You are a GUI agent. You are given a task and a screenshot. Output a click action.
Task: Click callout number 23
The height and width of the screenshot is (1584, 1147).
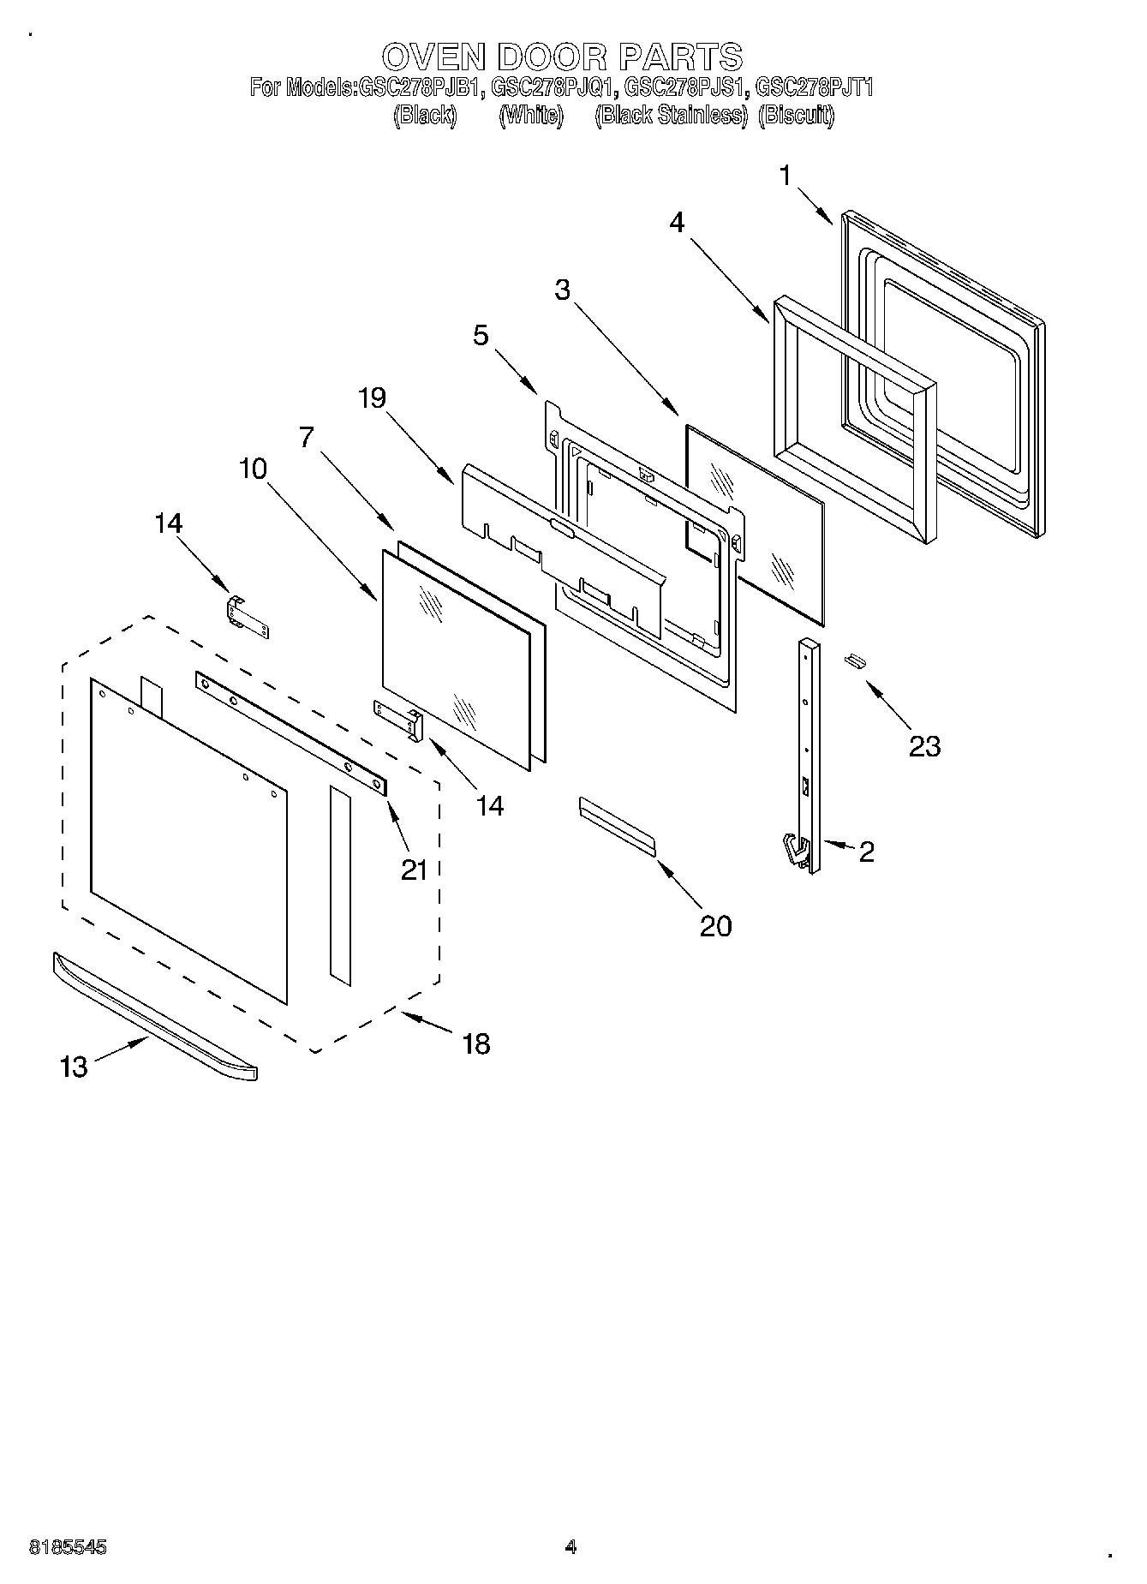click(x=924, y=746)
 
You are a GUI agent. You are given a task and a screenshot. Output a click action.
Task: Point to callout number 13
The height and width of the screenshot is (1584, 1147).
click(x=75, y=1067)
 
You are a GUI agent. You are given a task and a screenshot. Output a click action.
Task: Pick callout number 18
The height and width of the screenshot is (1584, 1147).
click(x=476, y=1043)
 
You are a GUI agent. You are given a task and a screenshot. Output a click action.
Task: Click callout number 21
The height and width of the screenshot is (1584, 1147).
click(x=414, y=870)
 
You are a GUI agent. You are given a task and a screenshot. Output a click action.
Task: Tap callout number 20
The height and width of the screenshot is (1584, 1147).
click(x=716, y=925)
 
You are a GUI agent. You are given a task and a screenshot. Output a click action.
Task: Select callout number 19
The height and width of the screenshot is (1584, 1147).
click(x=373, y=397)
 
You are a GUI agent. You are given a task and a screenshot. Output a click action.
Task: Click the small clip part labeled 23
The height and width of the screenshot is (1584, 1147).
click(x=853, y=660)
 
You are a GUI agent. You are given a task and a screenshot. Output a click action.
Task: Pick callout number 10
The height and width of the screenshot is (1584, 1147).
click(x=254, y=469)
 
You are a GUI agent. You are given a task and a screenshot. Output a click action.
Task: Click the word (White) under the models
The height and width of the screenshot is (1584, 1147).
click(x=531, y=115)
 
